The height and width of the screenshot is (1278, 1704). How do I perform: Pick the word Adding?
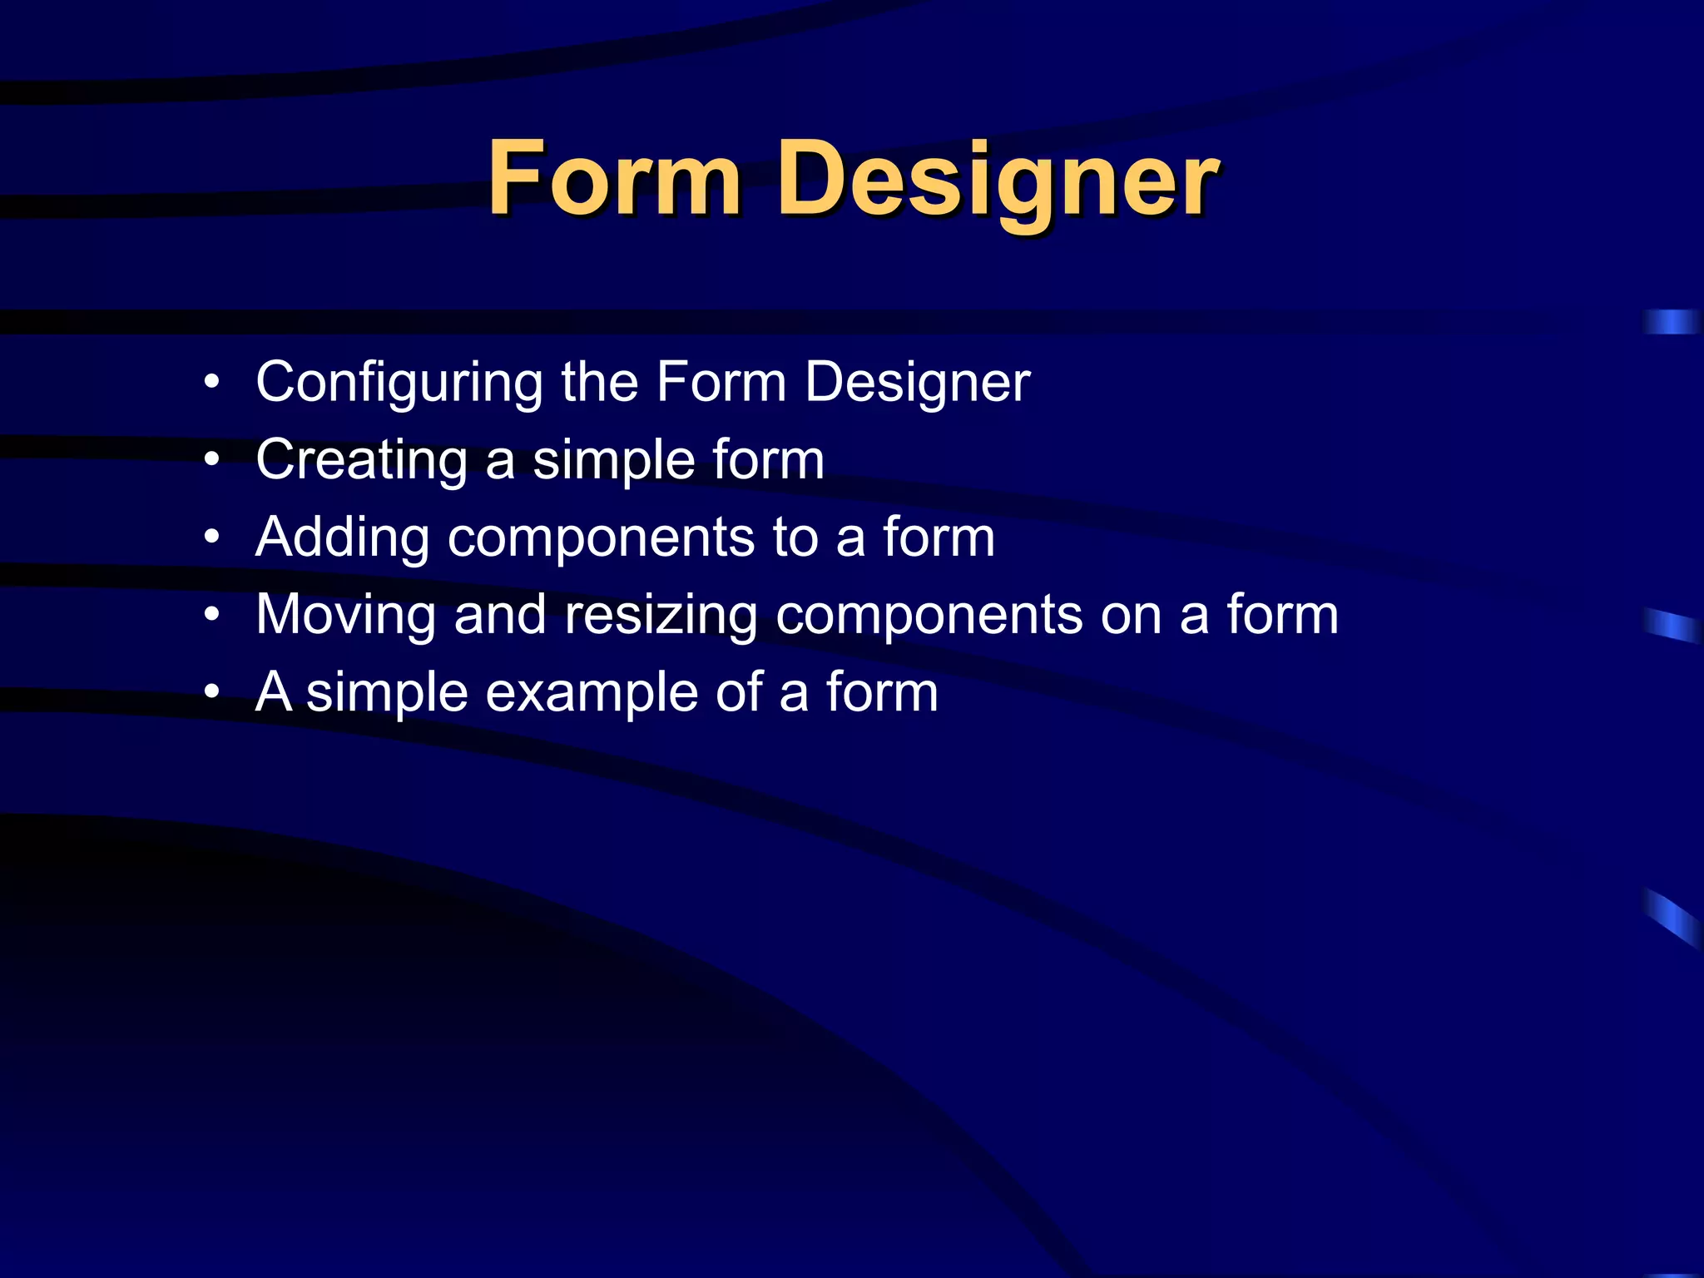342,538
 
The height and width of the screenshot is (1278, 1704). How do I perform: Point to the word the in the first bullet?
599,382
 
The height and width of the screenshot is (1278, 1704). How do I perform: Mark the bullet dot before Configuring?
213,383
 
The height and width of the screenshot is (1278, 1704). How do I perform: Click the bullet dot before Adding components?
213,537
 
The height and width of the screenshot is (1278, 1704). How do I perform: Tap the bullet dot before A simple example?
213,692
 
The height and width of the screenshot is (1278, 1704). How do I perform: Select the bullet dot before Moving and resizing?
213,615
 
